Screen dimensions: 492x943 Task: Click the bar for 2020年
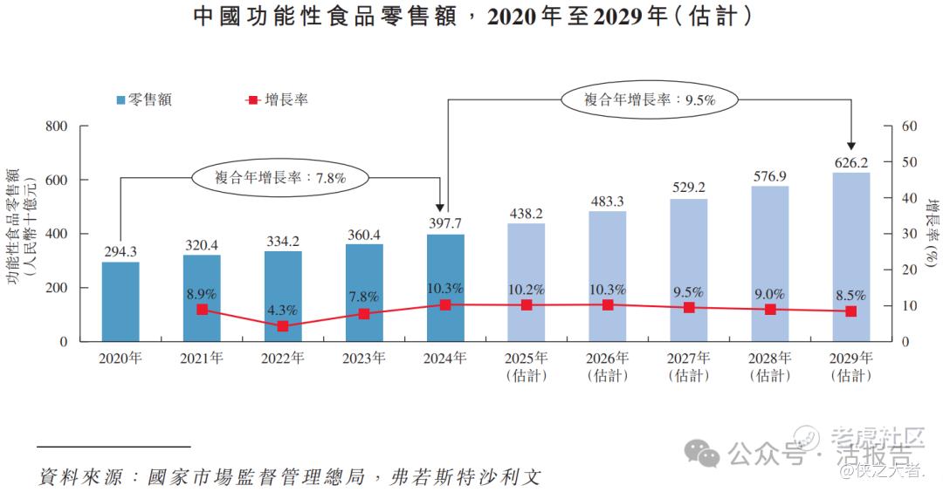[120, 301]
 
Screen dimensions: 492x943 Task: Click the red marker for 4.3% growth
[283, 326]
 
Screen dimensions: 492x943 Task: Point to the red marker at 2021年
[202, 309]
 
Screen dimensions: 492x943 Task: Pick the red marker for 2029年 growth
[851, 311]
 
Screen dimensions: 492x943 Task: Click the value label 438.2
[527, 213]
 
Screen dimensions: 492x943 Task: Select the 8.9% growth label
[202, 292]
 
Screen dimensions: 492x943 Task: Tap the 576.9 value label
[770, 175]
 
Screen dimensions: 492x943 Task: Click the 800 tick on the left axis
[56, 126]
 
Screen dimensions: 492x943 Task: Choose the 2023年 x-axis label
[363, 358]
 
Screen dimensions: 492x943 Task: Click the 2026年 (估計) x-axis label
[607, 366]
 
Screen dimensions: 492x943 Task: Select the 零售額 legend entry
[143, 99]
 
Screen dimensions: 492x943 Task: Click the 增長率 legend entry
[277, 99]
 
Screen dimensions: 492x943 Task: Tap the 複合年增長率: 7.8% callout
[281, 177]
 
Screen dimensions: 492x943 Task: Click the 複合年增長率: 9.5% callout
[650, 99]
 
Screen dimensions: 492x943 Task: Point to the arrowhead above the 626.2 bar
[851, 146]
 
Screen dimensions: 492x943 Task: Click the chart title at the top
[471, 17]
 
